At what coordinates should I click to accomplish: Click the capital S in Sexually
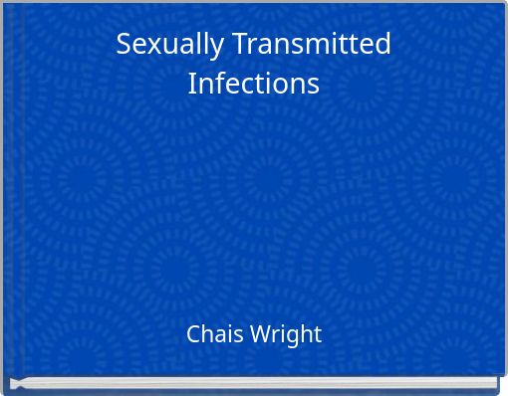point(124,45)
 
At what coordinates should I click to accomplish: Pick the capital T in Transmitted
point(239,45)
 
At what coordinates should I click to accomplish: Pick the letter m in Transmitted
point(315,47)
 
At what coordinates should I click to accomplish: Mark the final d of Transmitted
point(382,45)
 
